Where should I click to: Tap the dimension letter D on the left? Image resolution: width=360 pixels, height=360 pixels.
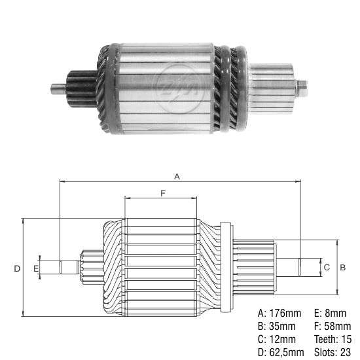coord(17,268)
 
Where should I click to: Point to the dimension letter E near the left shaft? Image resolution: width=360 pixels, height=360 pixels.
coord(36,268)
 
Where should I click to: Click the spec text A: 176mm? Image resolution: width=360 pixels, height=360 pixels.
coord(281,312)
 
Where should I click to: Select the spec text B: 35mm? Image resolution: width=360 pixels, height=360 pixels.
coord(278,326)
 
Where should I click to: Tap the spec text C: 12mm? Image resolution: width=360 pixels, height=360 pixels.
coord(278,339)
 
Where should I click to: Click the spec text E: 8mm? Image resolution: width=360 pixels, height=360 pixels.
coord(329,312)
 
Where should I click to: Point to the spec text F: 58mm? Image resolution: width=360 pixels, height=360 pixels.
coord(332,326)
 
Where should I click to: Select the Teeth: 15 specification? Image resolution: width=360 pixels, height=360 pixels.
coord(334,339)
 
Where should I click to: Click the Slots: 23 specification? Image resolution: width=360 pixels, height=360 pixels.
coord(334,353)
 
